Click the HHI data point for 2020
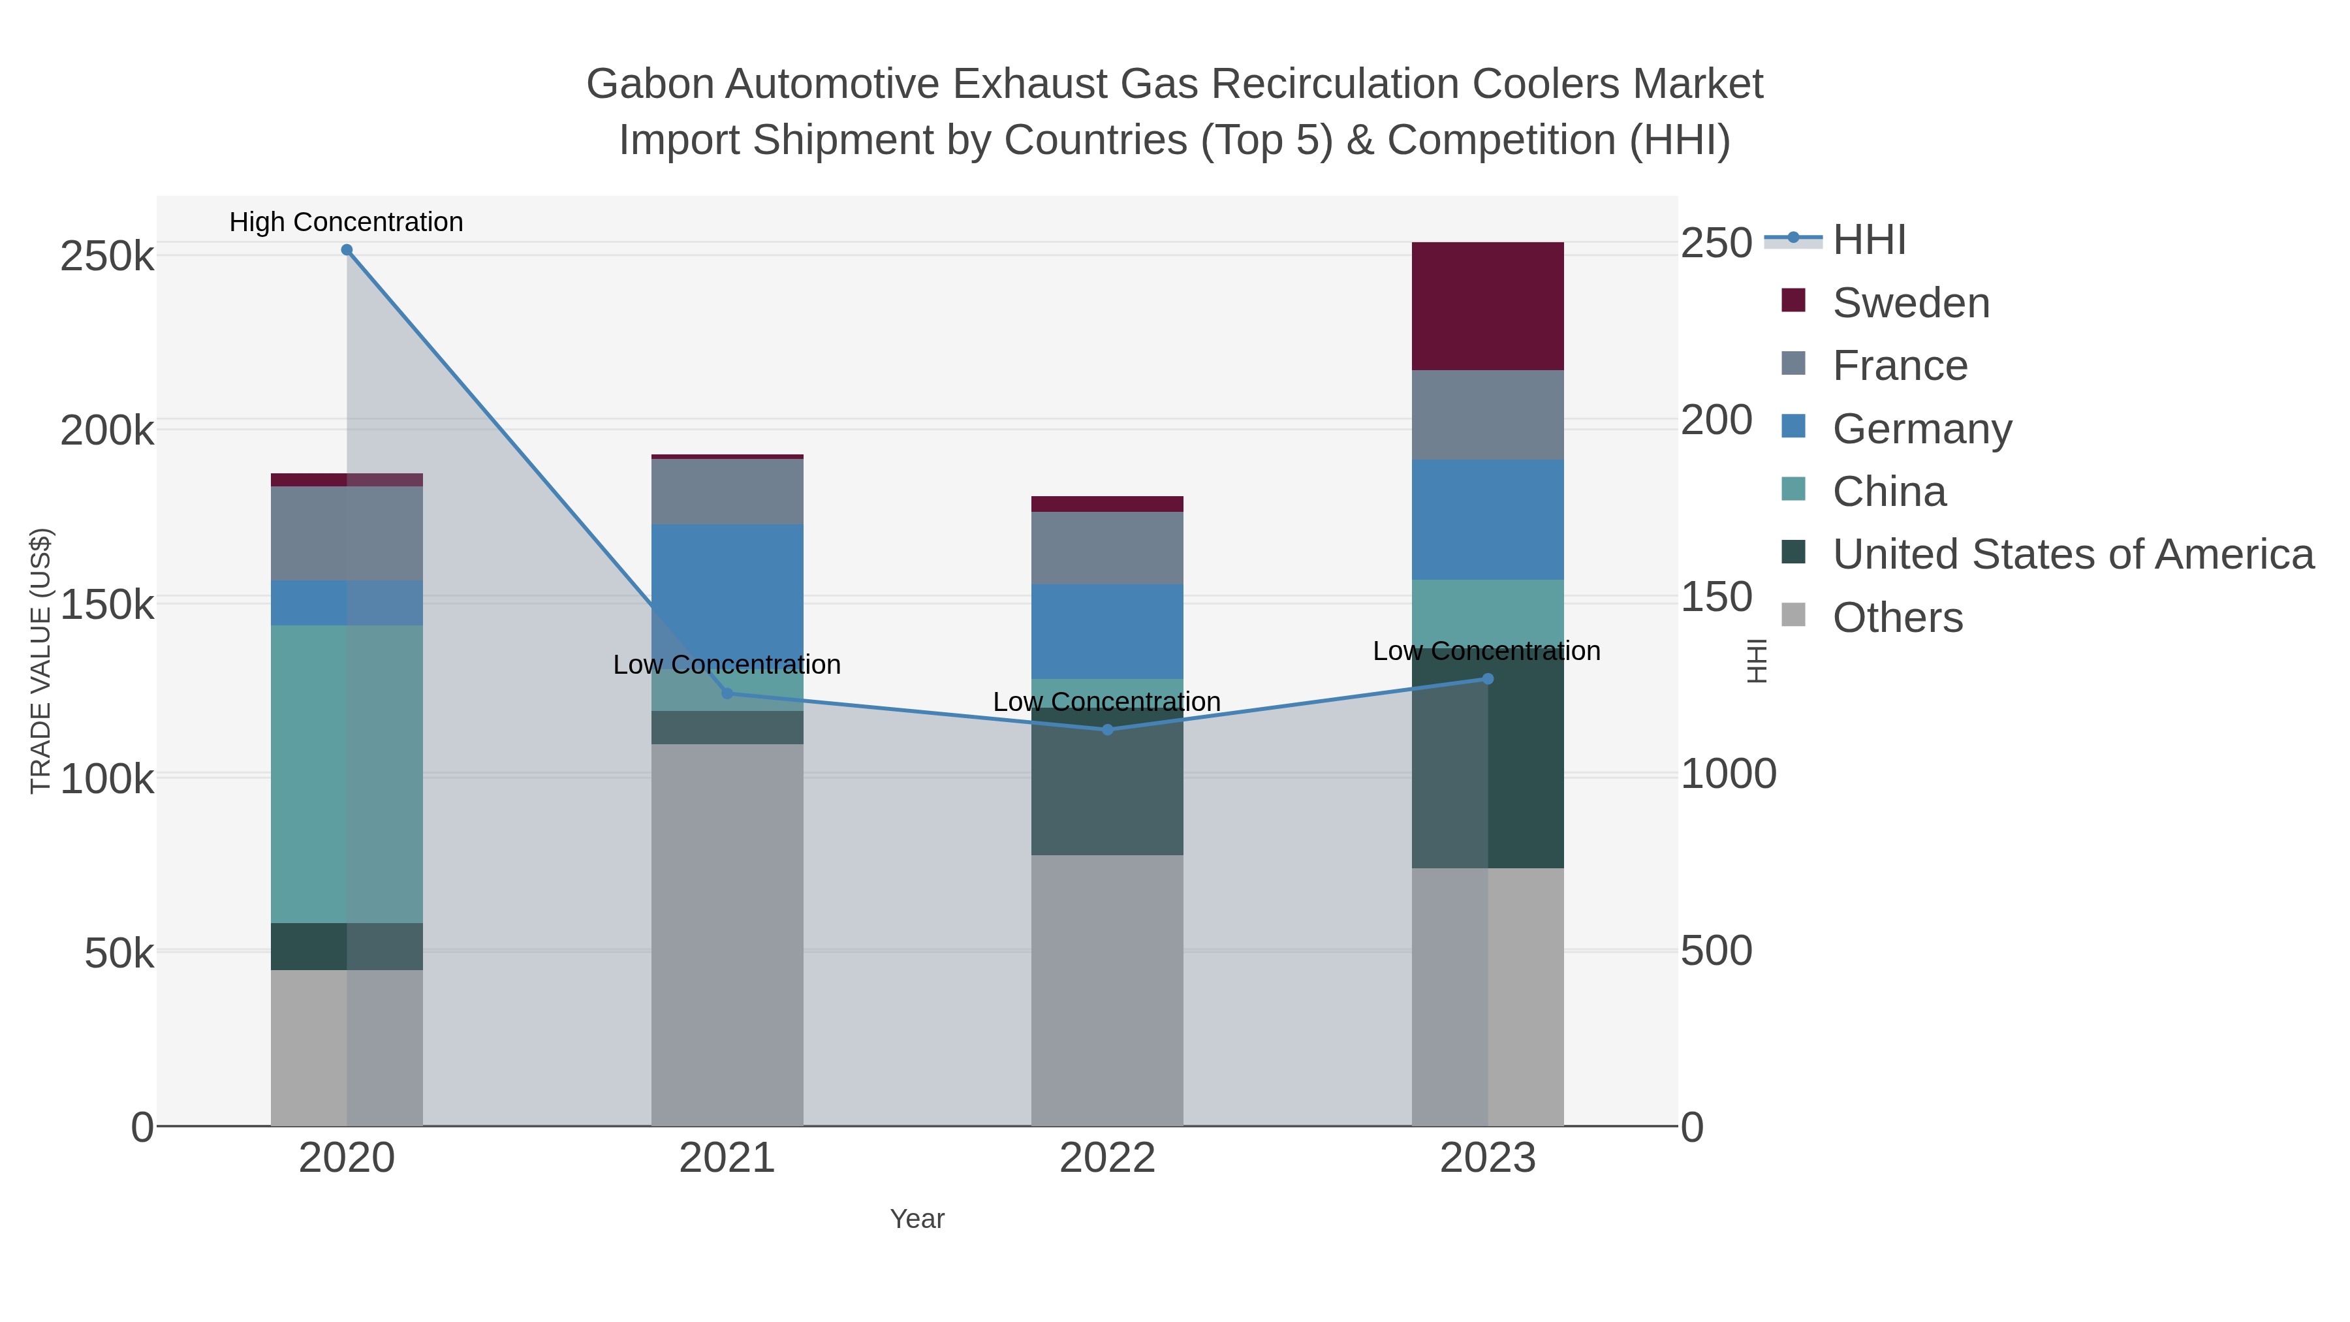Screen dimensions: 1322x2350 [x=347, y=250]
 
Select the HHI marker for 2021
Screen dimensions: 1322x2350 [x=727, y=693]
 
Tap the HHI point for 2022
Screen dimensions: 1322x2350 [x=1108, y=730]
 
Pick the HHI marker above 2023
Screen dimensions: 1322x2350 [x=1488, y=679]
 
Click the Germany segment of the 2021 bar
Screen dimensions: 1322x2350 [x=727, y=584]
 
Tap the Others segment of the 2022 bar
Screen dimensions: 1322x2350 [x=1108, y=990]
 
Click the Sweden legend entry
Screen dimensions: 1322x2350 [x=1910, y=303]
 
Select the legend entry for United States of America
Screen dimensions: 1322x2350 [x=2072, y=555]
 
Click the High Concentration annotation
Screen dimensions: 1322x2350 [x=347, y=222]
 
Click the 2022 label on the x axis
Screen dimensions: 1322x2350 [x=1108, y=1159]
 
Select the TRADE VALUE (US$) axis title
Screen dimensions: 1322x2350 [x=41, y=661]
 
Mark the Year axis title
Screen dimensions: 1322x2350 [x=917, y=1219]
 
